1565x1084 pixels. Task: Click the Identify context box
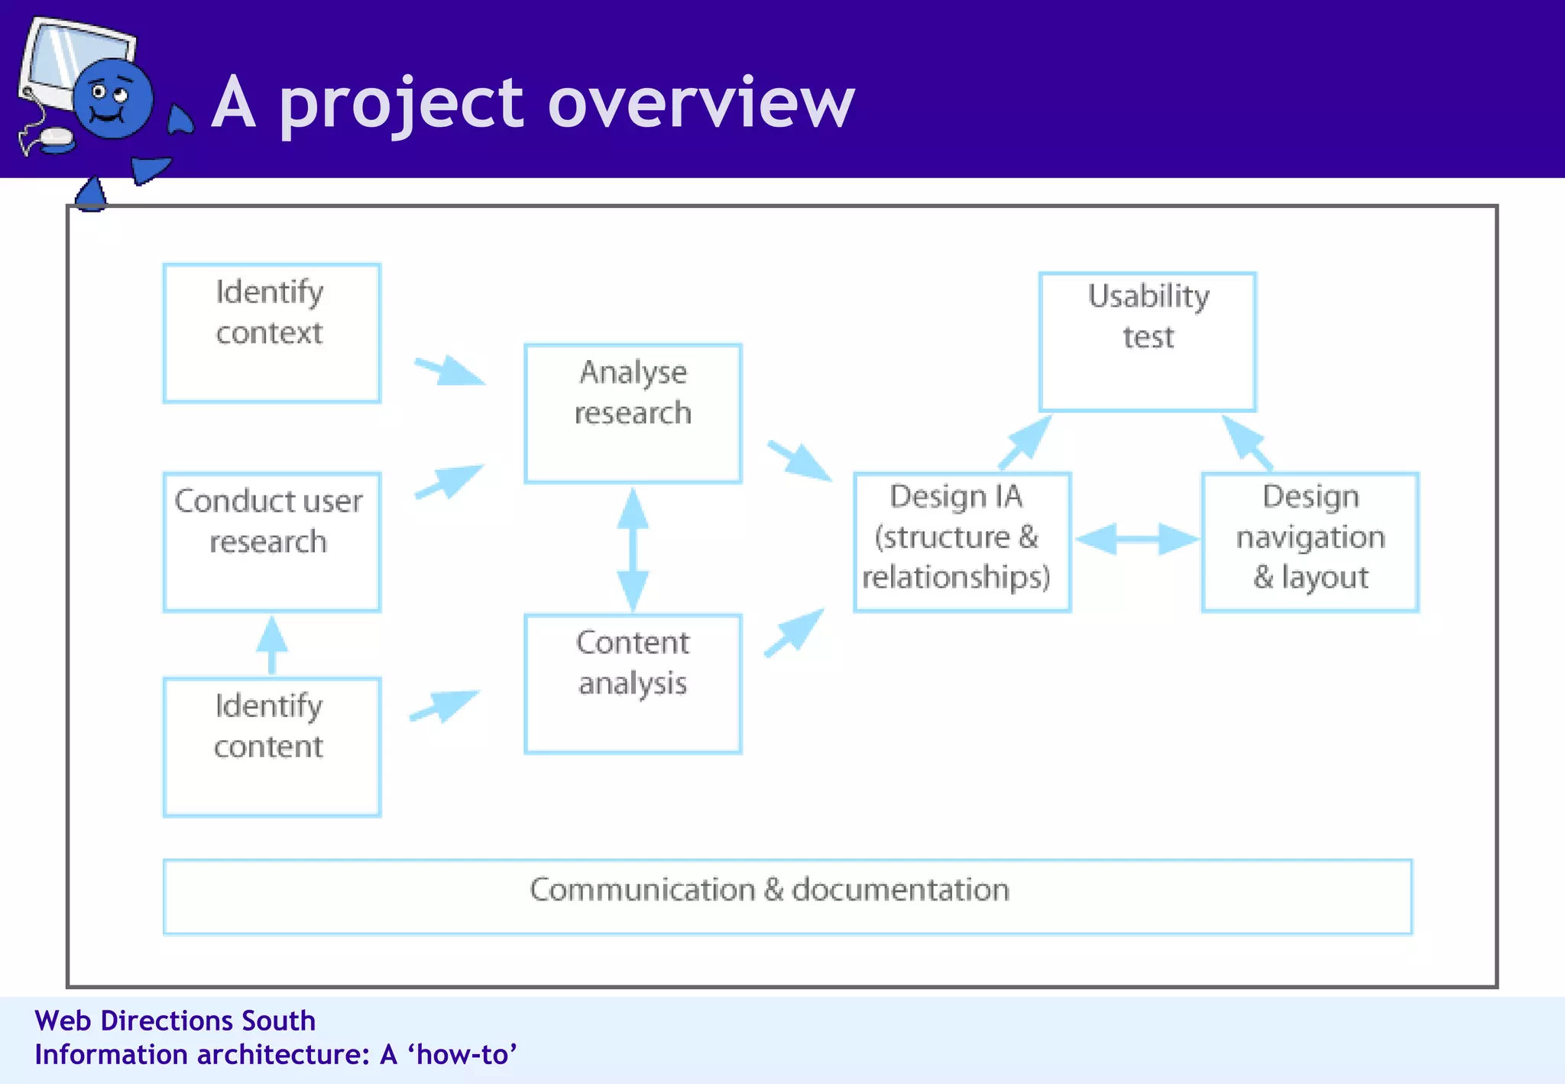272,333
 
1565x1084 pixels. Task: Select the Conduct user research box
272,542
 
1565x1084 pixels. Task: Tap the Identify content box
272,747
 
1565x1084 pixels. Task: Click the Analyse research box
633,413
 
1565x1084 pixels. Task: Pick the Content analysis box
633,683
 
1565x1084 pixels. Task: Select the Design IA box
962,542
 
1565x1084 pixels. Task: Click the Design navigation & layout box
1310,542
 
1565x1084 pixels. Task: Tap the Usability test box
1147,342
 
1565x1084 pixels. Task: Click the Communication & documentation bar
787,896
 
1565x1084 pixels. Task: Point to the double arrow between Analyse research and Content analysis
633,549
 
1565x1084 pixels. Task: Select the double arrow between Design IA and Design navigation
1136,539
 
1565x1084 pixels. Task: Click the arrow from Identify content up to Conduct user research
271,644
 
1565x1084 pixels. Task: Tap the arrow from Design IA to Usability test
1026,442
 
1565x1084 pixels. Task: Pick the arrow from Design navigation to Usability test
1246,442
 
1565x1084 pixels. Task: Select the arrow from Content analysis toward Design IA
795,632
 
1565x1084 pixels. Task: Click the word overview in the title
701,103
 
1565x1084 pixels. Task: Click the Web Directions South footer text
175,1021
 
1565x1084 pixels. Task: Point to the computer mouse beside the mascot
57,139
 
